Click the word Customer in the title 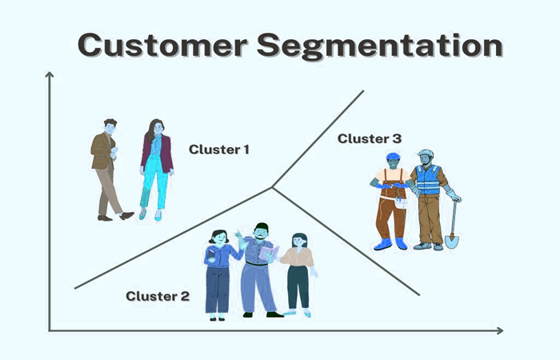[162, 45]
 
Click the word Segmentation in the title [380, 46]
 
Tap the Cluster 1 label [219, 150]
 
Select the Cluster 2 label [158, 296]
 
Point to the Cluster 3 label [370, 138]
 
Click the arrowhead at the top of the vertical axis [50, 74]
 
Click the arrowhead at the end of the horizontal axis [500, 330]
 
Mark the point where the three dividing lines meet [272, 187]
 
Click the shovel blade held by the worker [451, 241]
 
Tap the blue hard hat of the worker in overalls [393, 156]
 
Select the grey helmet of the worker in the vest [426, 154]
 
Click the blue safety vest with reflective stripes [427, 180]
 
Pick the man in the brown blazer [108, 170]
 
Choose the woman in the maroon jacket [157, 170]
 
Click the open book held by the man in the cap [269, 253]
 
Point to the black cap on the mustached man [262, 226]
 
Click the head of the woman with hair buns [218, 237]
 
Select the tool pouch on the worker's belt [401, 203]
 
